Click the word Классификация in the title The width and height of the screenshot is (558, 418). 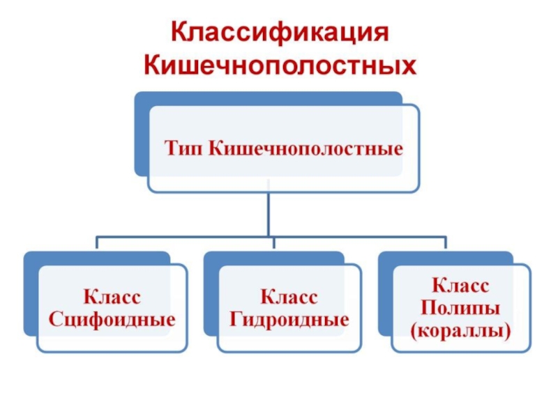(279, 33)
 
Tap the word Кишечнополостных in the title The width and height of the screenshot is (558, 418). (279, 66)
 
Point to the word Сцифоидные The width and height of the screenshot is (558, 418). (112, 321)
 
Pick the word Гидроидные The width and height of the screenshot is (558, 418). (289, 321)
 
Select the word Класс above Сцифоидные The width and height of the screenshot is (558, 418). (112, 298)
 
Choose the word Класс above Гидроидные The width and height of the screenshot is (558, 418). (289, 298)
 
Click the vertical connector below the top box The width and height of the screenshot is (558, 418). (269, 212)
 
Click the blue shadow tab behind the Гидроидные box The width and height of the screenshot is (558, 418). (210, 293)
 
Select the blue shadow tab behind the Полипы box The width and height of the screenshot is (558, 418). (384, 293)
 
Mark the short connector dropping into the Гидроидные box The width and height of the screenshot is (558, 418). (273, 244)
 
